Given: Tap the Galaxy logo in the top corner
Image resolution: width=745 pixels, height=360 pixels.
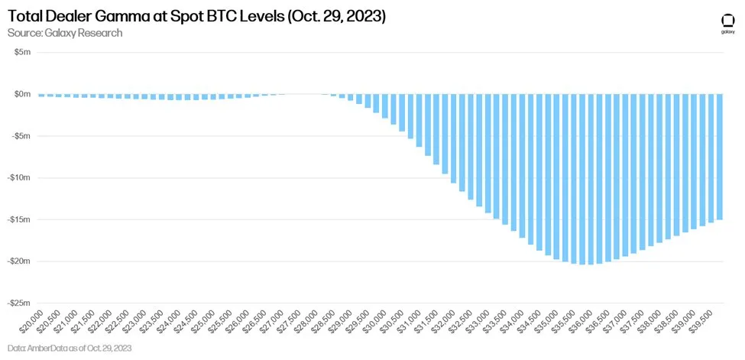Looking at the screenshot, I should tap(727, 24).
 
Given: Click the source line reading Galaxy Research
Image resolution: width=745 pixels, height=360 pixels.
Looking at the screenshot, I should tap(65, 33).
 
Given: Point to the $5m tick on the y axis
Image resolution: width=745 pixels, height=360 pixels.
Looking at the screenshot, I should tap(22, 53).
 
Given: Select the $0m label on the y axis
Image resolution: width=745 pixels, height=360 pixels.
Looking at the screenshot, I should tap(22, 94).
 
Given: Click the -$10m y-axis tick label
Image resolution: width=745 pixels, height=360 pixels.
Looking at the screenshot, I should tap(19, 177).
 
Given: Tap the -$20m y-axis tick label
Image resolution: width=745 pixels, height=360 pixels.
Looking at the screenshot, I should tap(19, 261).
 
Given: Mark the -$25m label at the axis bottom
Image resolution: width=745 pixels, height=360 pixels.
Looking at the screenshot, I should tap(19, 303).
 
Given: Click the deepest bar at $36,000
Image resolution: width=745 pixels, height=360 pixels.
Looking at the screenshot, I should tap(591, 179).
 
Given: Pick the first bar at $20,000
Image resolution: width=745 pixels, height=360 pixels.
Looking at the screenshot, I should tap(41, 96).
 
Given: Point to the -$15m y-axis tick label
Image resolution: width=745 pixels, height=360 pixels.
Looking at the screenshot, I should tap(19, 219).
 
